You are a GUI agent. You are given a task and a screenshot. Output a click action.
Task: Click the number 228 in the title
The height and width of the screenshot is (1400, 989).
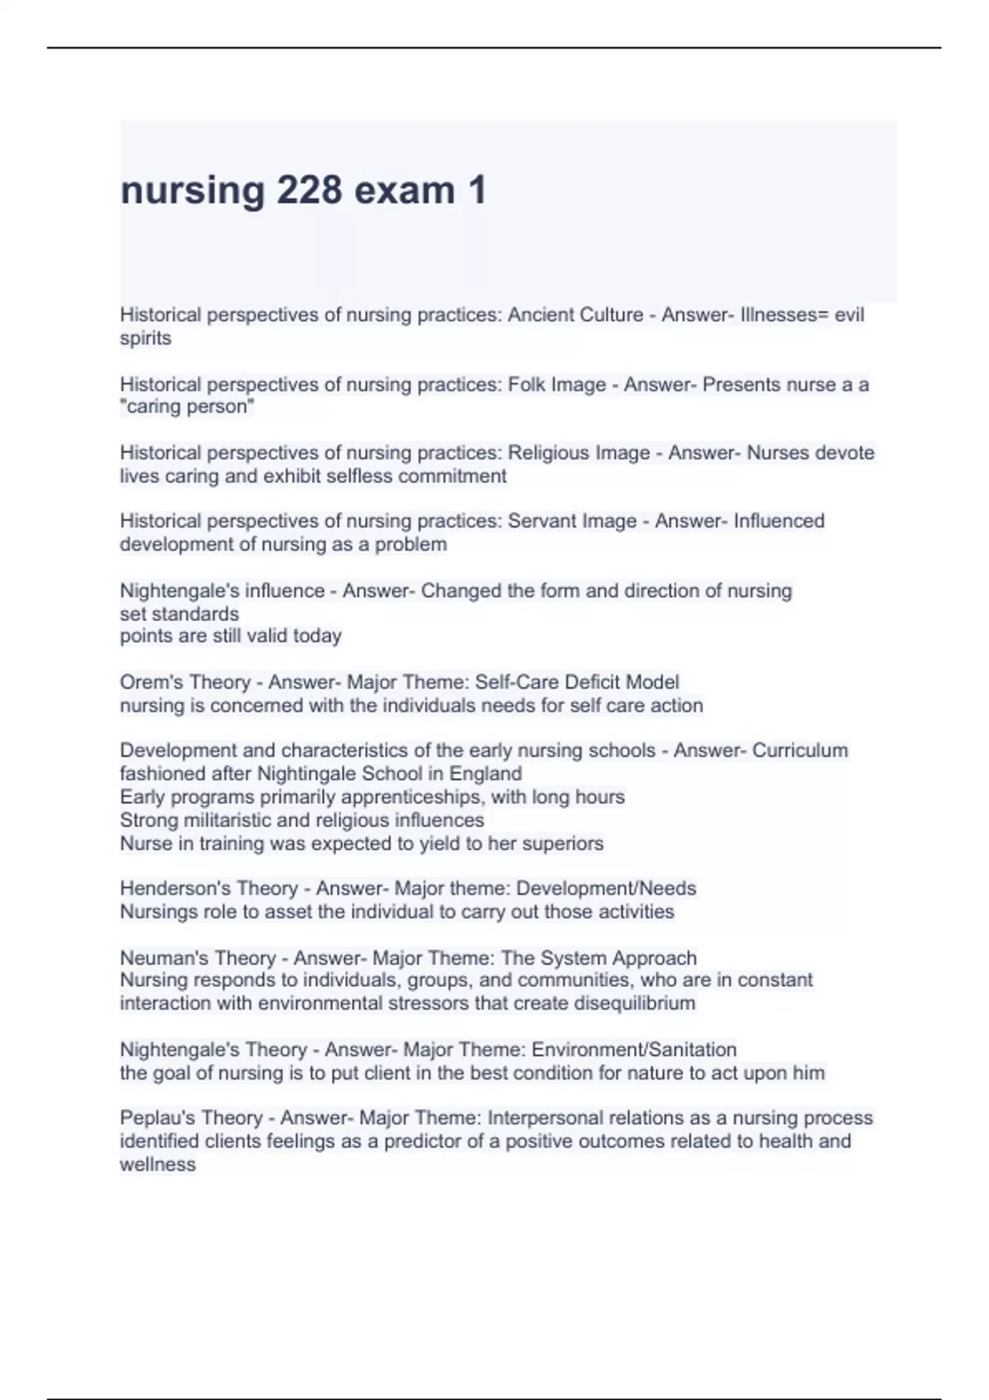pyautogui.click(x=309, y=191)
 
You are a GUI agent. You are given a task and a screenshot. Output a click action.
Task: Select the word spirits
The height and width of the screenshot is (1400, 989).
pyautogui.click(x=146, y=338)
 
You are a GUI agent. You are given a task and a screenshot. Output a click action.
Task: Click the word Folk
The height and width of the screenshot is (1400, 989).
pyautogui.click(x=526, y=385)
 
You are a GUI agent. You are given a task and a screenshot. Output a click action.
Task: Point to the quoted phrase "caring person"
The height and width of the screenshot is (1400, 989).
pyautogui.click(x=187, y=407)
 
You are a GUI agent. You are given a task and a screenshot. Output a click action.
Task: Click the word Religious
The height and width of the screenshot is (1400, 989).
pyautogui.click(x=549, y=453)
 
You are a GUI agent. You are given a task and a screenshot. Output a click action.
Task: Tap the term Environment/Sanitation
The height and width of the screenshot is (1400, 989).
pyautogui.click(x=634, y=1050)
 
